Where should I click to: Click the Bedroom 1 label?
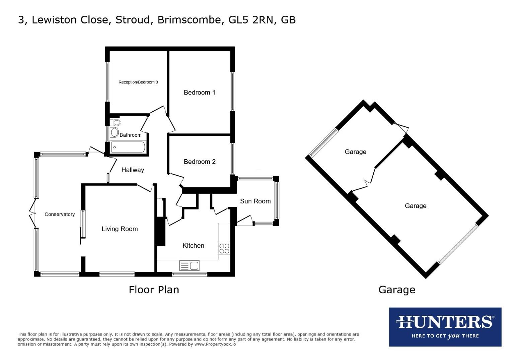pos(199,93)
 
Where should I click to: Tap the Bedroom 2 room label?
pos(200,162)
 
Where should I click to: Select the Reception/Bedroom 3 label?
pos(138,82)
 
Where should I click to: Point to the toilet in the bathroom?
pos(116,122)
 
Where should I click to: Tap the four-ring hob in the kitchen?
pos(224,248)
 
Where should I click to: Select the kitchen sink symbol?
pos(190,266)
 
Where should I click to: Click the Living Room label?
pos(120,229)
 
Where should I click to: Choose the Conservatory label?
pos(60,214)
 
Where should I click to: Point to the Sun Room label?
pos(255,201)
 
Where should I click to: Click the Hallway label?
pos(133,170)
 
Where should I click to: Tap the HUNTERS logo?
pos(445,327)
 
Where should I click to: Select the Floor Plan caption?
pos(154,290)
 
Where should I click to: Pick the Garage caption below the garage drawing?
pos(397,290)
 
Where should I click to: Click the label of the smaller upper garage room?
pos(355,152)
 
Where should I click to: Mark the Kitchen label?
pos(193,246)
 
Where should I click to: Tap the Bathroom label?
pos(130,135)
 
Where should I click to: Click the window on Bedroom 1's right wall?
pos(232,91)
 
